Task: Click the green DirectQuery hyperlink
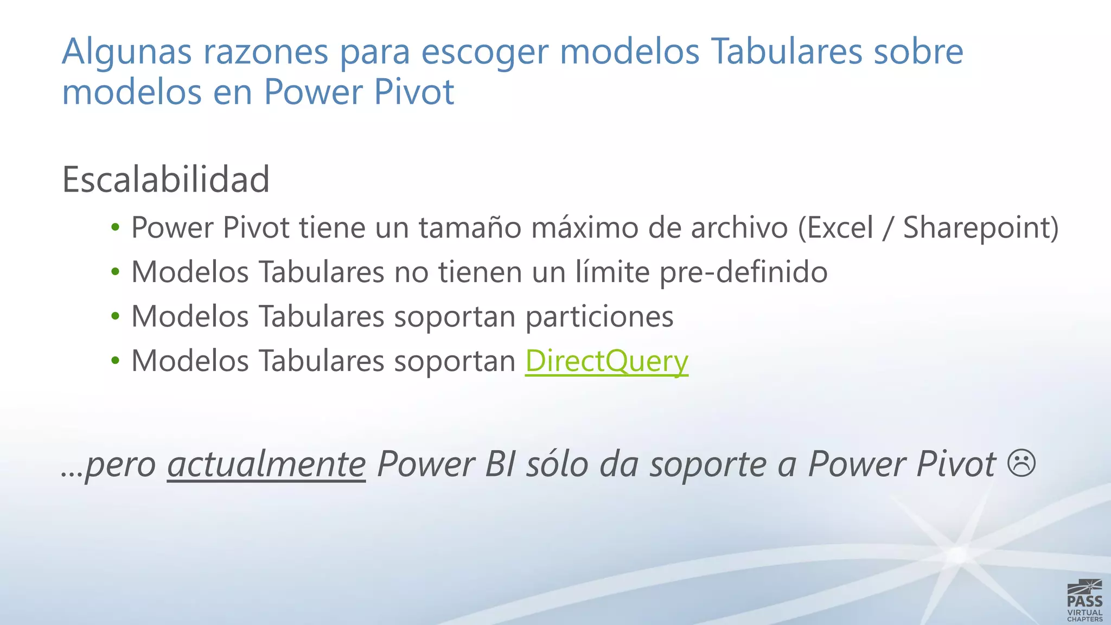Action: pos(606,361)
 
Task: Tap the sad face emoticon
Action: pos(1021,463)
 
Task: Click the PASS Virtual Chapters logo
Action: pos(1084,600)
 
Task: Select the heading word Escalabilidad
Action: pos(166,180)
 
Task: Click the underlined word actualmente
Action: pos(266,464)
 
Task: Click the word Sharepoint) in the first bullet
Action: pos(980,228)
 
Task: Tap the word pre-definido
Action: pos(743,272)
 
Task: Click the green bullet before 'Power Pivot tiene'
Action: pos(115,228)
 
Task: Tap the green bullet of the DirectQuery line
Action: pos(115,361)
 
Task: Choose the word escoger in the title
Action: pos(485,52)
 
